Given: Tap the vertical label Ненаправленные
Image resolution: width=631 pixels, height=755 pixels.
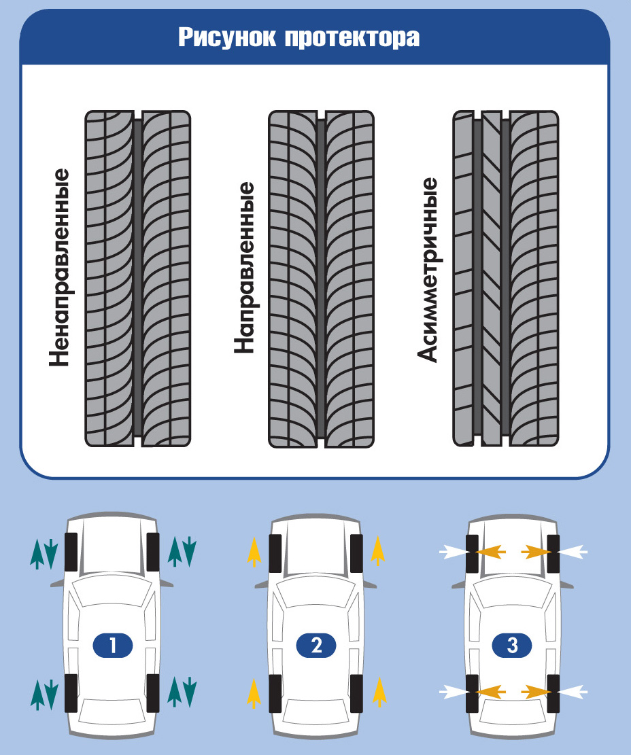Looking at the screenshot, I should coord(60,267).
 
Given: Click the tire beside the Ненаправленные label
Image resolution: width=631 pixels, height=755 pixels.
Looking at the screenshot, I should coord(138,279).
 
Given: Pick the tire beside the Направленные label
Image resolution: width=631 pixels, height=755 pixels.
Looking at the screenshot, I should coord(321,279).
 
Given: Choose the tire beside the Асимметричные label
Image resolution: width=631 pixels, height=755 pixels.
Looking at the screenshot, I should coord(506,279).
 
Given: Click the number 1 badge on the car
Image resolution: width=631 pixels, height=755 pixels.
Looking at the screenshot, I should coord(112,645).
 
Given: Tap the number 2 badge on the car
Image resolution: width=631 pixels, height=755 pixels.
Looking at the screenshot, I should coord(316,645).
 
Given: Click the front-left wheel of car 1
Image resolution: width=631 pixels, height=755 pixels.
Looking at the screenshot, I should coord(70,552).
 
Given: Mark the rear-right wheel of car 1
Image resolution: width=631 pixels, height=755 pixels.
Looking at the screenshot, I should coord(153,693).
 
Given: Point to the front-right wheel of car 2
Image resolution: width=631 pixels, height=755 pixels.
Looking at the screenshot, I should coord(356,552).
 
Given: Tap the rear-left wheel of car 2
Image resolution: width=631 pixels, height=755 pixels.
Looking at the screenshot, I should coord(275,693).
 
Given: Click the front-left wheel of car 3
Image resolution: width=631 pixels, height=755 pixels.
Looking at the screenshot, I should coord(473,552).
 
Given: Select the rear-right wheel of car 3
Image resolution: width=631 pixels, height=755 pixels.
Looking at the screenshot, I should coord(553,693).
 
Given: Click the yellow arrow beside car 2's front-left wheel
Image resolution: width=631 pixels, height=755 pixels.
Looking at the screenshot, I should coord(254,552).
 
